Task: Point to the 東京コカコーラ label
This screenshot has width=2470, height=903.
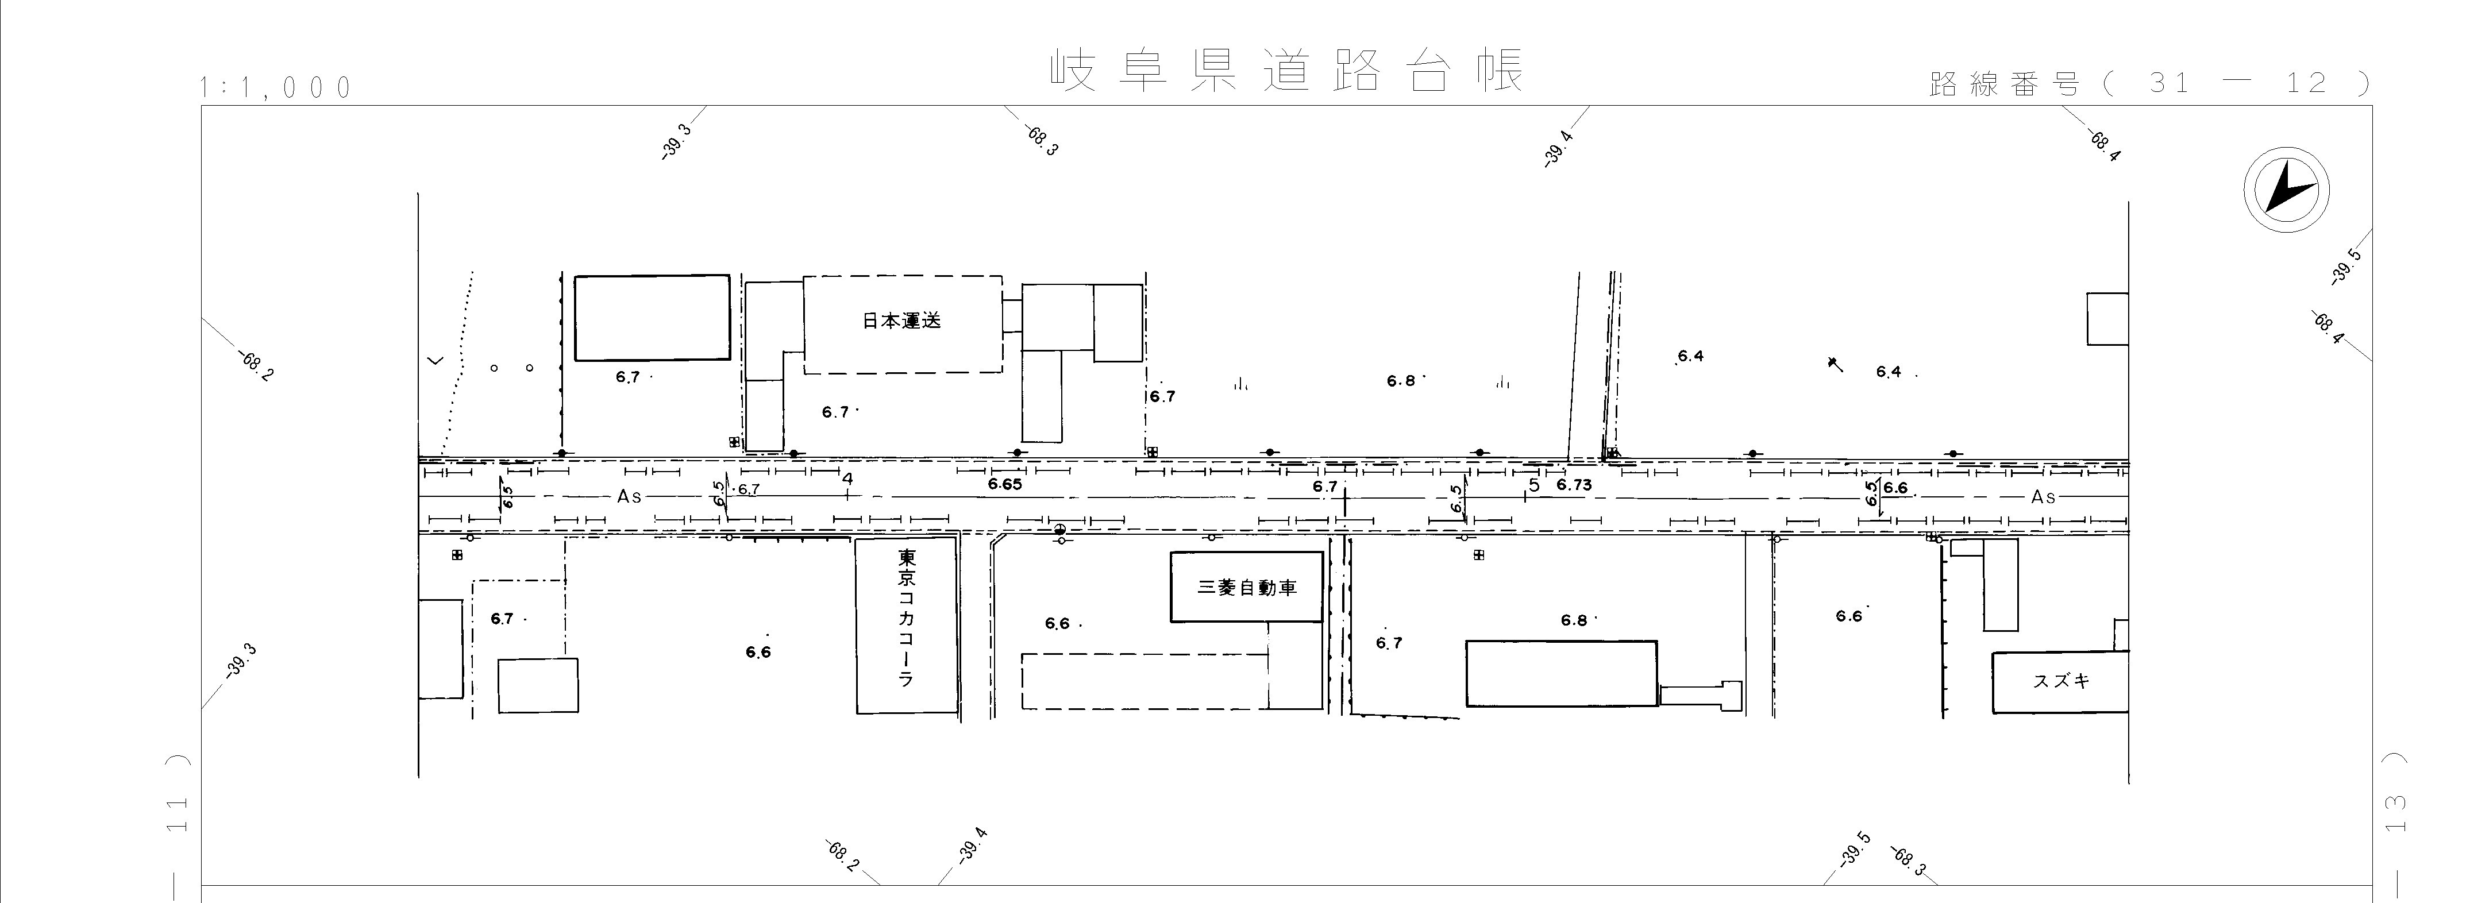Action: pyautogui.click(x=906, y=618)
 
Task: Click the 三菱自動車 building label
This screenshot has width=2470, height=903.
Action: pyautogui.click(x=1247, y=588)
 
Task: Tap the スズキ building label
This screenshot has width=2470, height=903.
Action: pyautogui.click(x=2060, y=681)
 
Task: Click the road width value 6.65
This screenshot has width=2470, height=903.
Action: pyautogui.click(x=1005, y=485)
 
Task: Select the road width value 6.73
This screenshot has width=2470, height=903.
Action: pyautogui.click(x=1574, y=485)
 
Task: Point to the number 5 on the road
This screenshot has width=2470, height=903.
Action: pyautogui.click(x=1534, y=485)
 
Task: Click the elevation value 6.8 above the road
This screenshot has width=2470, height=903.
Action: pyautogui.click(x=1401, y=381)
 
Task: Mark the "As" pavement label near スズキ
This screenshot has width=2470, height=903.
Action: pyautogui.click(x=2043, y=496)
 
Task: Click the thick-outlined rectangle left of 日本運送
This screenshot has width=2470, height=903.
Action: pyautogui.click(x=652, y=317)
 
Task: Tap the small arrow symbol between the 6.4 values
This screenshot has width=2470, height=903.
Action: pyautogui.click(x=1835, y=363)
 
